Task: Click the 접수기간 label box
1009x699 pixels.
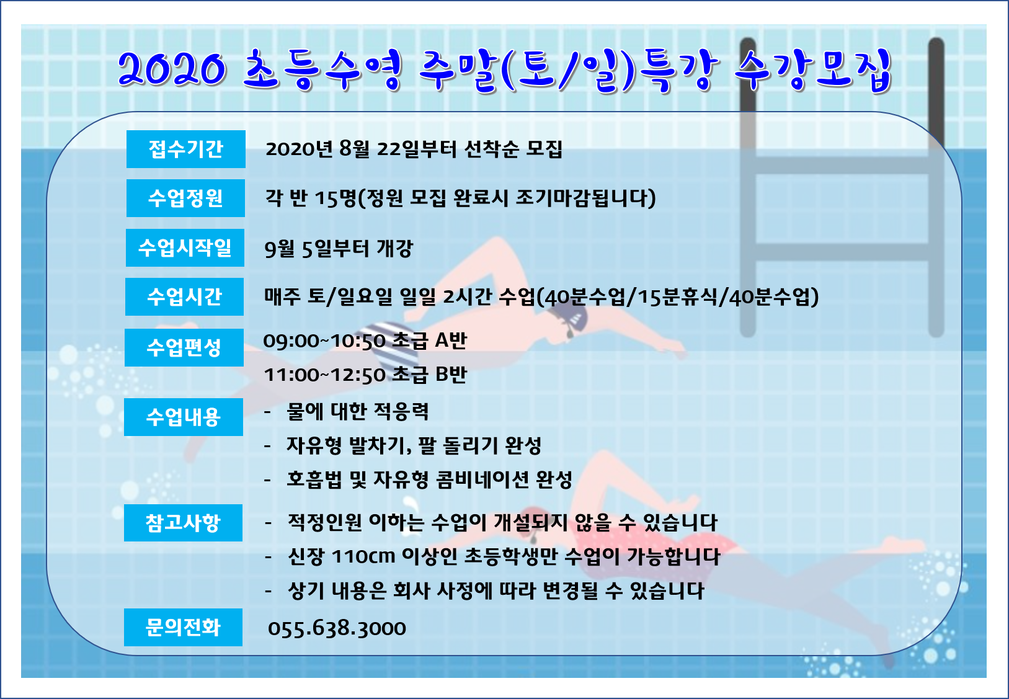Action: [x=185, y=149]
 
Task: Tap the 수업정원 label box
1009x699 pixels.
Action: [x=185, y=198]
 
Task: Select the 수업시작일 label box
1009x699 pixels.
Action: [x=185, y=247]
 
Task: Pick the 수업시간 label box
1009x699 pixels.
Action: [x=185, y=297]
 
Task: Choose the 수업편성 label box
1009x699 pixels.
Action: [x=184, y=348]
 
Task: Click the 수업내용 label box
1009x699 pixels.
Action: [x=184, y=417]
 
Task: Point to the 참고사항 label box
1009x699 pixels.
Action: [x=184, y=523]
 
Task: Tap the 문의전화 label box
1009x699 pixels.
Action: [x=184, y=628]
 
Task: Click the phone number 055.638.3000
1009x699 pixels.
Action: [x=337, y=628]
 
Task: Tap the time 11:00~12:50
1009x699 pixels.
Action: [x=324, y=375]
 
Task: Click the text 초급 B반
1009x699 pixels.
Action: [x=429, y=374]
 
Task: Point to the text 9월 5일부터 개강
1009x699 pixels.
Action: [x=338, y=249]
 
